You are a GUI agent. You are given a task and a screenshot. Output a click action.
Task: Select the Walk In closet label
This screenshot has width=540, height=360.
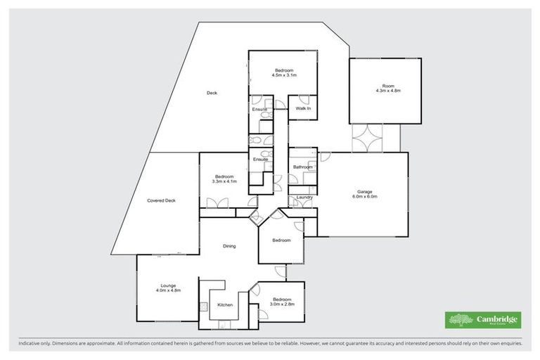[303, 108]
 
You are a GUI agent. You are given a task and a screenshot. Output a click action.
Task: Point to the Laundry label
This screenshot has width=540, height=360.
[304, 197]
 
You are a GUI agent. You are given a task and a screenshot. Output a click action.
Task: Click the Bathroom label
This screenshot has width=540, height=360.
[302, 167]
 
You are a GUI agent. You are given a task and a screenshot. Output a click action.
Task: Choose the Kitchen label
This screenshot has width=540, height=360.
[225, 304]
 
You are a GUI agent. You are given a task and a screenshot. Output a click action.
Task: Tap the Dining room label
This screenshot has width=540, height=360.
[229, 246]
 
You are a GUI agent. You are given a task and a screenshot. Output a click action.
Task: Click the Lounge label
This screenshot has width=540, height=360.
[167, 285]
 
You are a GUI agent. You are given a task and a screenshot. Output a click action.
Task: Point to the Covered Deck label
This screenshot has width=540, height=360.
[161, 200]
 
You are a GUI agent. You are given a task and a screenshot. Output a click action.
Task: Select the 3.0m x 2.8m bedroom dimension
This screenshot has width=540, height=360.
[282, 304]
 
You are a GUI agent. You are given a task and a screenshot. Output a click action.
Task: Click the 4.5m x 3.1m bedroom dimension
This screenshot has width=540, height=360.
[284, 75]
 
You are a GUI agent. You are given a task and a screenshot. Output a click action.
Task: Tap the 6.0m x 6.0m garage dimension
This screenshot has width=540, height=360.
[365, 197]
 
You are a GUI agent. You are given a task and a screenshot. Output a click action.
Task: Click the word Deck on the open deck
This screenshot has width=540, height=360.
[212, 94]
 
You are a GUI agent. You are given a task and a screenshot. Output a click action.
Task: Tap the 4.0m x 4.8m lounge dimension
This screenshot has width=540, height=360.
[167, 290]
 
